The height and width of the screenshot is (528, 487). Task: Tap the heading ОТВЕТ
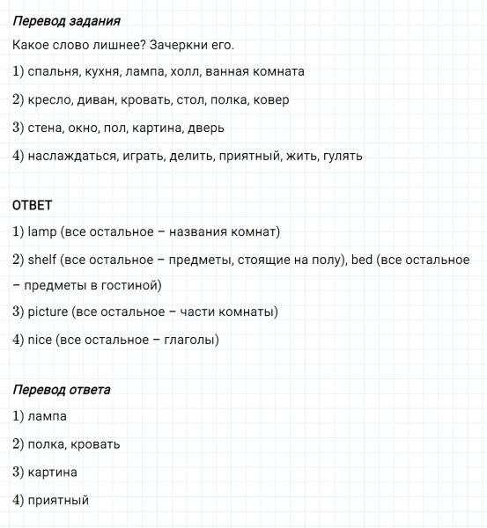33,205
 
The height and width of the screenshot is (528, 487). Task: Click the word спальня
52,72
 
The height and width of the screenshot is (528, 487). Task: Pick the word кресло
49,100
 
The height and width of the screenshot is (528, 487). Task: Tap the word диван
98,100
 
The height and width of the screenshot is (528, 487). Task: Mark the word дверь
205,128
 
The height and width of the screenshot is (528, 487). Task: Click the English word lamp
42,232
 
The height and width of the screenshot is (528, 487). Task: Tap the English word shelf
42,260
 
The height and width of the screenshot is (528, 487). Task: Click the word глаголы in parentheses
189,340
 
